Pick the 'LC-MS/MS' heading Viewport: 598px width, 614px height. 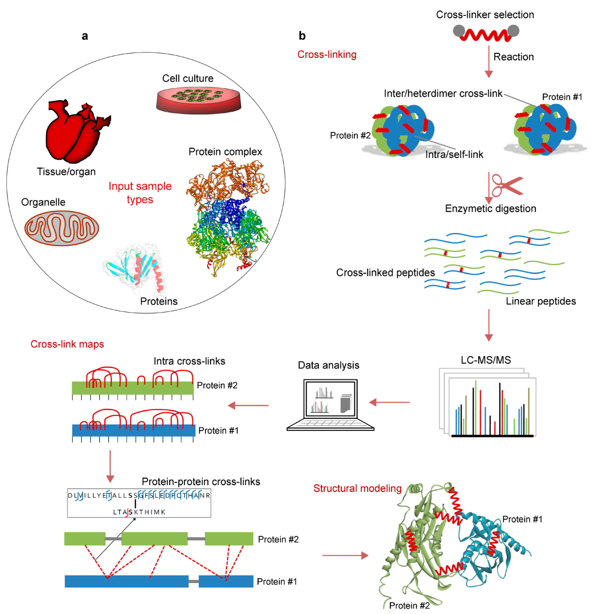486,360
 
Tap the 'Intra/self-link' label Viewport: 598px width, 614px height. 454,154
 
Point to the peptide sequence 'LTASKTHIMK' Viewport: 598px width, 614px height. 139,512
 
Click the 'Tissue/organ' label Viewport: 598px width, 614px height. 66,172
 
